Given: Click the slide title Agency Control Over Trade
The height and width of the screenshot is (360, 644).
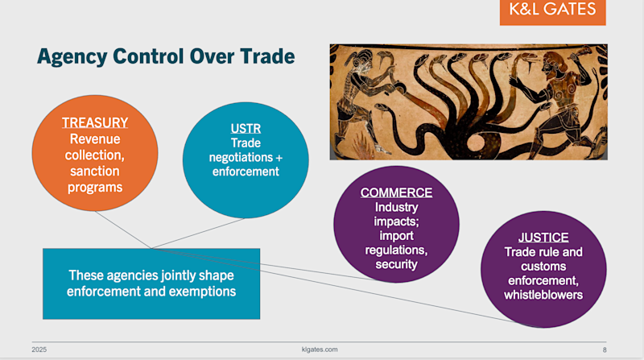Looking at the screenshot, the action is [166, 56].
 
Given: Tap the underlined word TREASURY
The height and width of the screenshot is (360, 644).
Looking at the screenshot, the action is [95, 122].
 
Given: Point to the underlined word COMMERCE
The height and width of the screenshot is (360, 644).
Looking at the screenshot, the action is [396, 192].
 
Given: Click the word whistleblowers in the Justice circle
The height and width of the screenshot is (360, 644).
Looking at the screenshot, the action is [543, 295].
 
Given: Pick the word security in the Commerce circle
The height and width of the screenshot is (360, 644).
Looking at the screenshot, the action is [396, 265].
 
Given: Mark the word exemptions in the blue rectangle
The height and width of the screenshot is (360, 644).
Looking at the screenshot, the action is [203, 291].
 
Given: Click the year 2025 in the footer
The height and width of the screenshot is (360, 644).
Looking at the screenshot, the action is [39, 350].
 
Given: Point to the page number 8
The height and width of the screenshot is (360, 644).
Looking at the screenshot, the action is [604, 350].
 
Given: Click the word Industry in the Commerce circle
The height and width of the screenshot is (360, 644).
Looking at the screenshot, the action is [396, 207].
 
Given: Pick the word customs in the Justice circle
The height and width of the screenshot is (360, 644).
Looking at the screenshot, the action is [543, 266].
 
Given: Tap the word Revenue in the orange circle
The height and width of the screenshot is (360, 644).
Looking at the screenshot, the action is [95, 139].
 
